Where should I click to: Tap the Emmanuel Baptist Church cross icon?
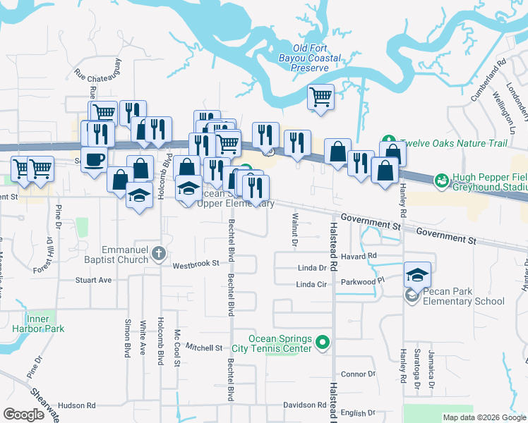(x=160, y=253)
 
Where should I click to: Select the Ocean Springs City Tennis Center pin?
(x=323, y=343)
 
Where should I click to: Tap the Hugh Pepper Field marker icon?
(x=441, y=181)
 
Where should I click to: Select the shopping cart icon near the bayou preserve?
(x=321, y=97)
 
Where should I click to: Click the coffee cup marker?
(x=93, y=159)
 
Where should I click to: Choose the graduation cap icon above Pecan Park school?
(x=417, y=274)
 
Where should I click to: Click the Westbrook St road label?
(x=192, y=265)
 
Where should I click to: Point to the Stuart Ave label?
(x=94, y=280)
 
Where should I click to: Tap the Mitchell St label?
(x=205, y=348)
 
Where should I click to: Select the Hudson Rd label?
(x=76, y=405)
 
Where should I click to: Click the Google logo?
(x=23, y=415)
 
